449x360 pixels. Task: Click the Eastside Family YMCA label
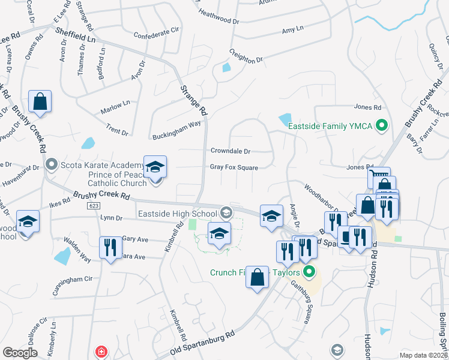tap(331, 126)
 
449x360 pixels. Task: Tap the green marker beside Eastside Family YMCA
tap(381, 126)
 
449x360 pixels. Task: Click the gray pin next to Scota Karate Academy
tap(52, 163)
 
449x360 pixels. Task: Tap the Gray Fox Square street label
tap(234, 168)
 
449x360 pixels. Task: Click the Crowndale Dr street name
tap(230, 151)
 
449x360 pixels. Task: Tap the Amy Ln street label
tap(292, 29)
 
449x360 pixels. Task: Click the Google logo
tap(20, 353)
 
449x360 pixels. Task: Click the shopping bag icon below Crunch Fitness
tap(257, 277)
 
